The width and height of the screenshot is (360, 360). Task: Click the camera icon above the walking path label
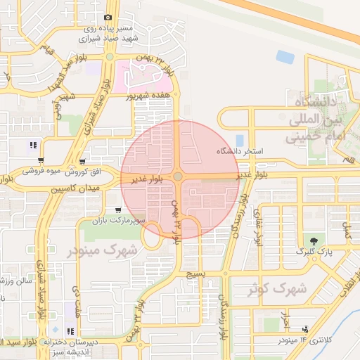click(108, 18)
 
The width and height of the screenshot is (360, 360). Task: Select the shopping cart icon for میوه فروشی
click(42, 160)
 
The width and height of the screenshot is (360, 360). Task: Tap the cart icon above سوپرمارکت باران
click(117, 210)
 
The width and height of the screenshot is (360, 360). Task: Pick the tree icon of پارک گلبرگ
click(311, 240)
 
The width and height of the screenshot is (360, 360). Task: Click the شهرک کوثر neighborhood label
click(279, 288)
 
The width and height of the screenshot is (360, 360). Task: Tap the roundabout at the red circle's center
click(178, 178)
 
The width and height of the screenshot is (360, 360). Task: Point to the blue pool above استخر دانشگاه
click(240, 139)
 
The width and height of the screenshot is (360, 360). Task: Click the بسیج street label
click(195, 274)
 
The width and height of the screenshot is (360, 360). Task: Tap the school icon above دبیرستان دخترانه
click(70, 330)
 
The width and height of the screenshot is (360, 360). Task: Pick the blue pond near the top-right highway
click(285, 56)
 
